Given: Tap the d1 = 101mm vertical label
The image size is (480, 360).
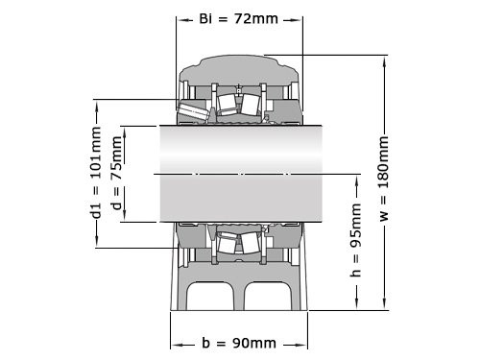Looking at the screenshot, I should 96,173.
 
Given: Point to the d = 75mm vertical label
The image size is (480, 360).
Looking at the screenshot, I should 116,173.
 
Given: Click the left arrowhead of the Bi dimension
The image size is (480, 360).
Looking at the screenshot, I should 180,19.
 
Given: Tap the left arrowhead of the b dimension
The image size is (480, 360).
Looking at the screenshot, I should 174,344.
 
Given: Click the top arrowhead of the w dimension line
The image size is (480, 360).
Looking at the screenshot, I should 384,58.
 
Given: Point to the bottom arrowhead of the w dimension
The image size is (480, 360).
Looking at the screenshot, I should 384,306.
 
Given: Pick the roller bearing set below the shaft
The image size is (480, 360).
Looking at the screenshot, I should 235,242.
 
